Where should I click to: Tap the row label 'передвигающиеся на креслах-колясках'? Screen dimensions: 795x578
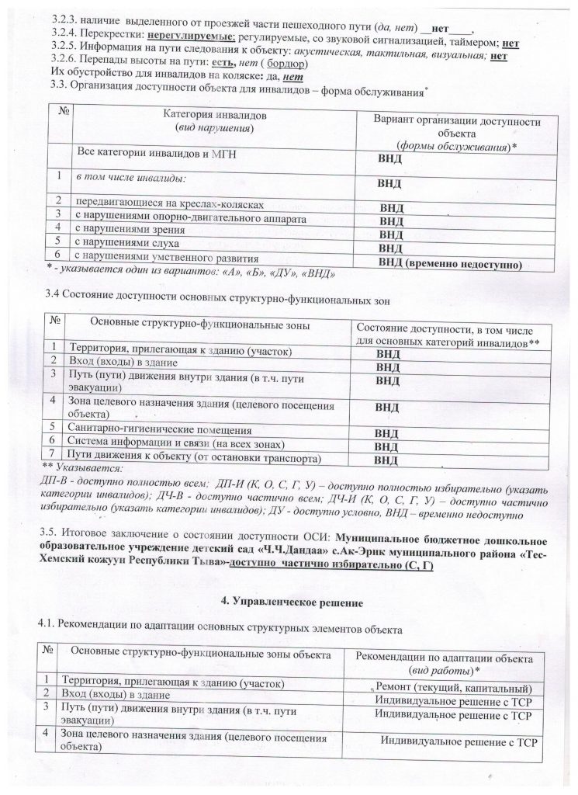169,205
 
